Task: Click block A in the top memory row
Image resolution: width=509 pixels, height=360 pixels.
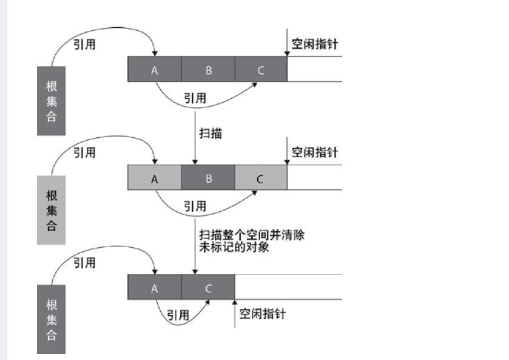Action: click(154, 69)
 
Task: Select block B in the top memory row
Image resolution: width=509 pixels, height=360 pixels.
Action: click(208, 69)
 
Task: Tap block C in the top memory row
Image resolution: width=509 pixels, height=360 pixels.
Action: click(261, 69)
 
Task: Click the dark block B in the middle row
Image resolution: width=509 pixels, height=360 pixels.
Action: click(208, 178)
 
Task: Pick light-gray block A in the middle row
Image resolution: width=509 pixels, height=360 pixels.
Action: click(154, 178)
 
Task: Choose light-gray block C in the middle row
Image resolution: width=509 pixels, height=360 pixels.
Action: click(261, 178)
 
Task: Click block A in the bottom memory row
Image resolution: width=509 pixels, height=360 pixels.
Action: click(154, 287)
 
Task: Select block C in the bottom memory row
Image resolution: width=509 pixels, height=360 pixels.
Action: click(208, 287)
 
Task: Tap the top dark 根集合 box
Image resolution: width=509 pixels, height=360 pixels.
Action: click(51, 100)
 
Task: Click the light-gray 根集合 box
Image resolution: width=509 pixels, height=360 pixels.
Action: click(51, 210)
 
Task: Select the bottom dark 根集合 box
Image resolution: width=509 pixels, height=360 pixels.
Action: click(51, 319)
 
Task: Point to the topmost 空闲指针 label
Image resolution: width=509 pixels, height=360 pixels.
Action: click(314, 44)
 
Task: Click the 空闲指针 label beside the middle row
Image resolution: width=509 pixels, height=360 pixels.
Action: click(314, 152)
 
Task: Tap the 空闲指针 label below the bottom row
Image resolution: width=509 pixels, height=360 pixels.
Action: click(262, 314)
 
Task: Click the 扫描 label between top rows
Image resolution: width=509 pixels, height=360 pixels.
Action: click(211, 133)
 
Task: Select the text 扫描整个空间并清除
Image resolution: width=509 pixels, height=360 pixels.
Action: click(252, 235)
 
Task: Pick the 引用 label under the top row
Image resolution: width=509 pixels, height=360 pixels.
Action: click(195, 98)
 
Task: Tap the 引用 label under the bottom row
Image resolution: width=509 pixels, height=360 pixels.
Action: click(178, 315)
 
